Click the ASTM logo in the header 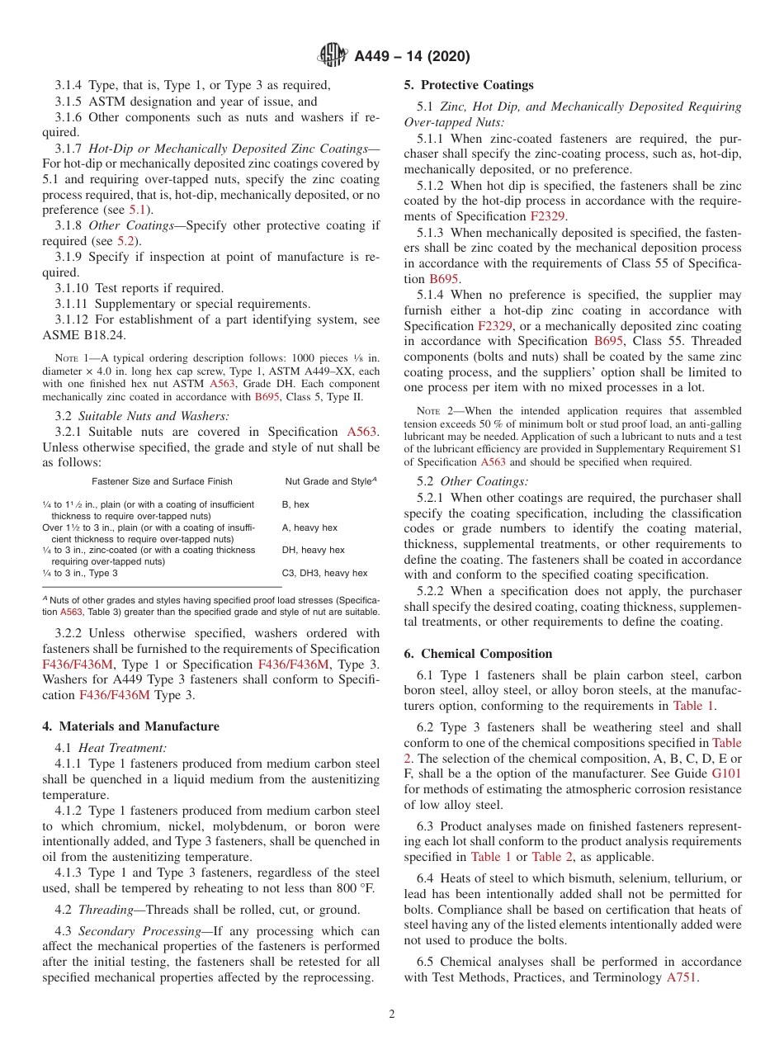pyautogui.click(x=333, y=56)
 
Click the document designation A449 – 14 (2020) pyautogui.click(x=412, y=57)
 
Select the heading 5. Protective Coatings pyautogui.click(x=469, y=85)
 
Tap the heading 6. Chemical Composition pyautogui.click(x=478, y=654)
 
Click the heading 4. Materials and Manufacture pyautogui.click(x=130, y=726)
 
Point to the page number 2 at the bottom pyautogui.click(x=392, y=1015)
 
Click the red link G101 pyautogui.click(x=726, y=774)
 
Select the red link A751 pyautogui.click(x=682, y=977)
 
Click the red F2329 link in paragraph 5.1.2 pyautogui.click(x=548, y=216)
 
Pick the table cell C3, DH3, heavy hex pyautogui.click(x=324, y=573)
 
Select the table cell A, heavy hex pyautogui.click(x=309, y=527)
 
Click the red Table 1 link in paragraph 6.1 pyautogui.click(x=693, y=706)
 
